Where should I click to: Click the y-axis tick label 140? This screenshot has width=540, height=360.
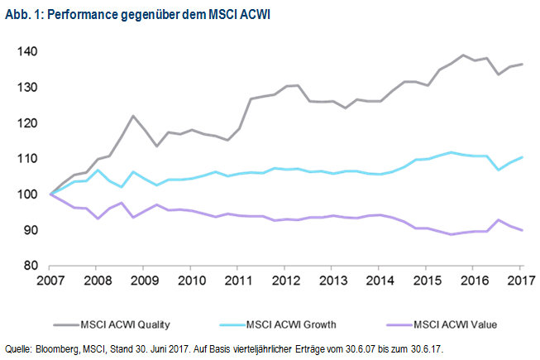click(x=30, y=51)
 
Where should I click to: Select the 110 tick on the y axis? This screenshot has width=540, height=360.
click(x=30, y=158)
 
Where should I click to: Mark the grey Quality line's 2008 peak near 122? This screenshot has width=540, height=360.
click(x=132, y=116)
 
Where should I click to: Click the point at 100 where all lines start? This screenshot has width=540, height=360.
click(x=50, y=194)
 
